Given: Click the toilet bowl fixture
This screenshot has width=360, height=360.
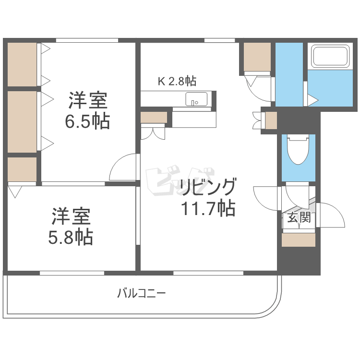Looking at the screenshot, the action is [298, 149].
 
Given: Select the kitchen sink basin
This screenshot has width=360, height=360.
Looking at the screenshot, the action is [196, 99].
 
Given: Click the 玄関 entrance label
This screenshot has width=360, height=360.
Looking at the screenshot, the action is [299, 217].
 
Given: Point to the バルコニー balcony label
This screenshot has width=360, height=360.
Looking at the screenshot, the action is [142, 293].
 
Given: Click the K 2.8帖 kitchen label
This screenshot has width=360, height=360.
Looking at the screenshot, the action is [177, 81].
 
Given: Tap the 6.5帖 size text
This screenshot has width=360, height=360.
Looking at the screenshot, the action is [87, 121].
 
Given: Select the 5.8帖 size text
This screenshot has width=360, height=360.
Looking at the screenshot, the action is [71, 237].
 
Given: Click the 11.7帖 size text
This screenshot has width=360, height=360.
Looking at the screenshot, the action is [208, 208].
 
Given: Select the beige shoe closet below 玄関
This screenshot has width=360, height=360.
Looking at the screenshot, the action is [299, 240].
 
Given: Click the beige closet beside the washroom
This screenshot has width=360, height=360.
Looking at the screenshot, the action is [257, 57].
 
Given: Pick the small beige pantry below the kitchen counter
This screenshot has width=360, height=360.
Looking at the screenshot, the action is [154, 117].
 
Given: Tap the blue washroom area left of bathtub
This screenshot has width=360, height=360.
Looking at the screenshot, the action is [289, 74].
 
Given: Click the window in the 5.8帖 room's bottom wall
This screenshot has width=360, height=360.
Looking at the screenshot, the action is [72, 273].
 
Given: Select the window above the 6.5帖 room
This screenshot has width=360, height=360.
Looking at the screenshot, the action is [87, 40].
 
